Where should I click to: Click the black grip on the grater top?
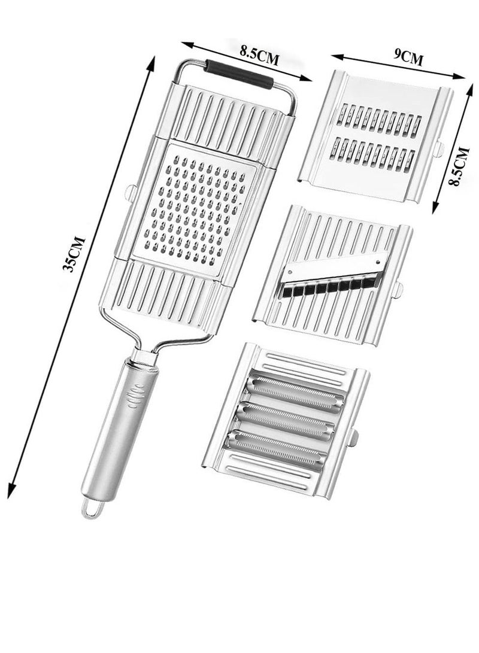239,74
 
